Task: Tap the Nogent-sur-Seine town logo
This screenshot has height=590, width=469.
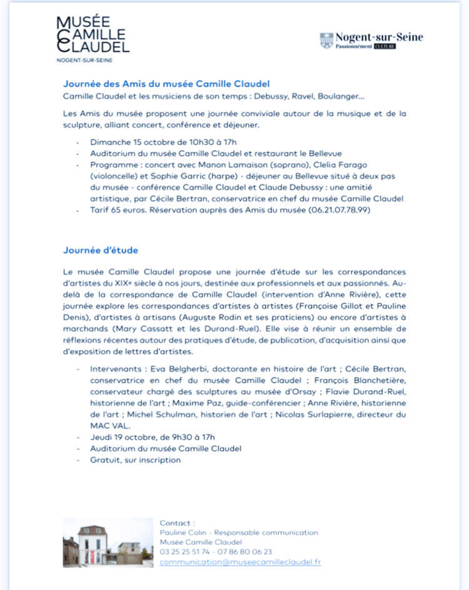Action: tap(371, 41)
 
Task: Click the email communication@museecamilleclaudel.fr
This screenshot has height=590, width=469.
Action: tap(240, 562)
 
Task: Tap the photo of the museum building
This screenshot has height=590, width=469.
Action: tap(108, 542)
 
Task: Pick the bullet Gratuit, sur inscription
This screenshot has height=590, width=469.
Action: tap(135, 459)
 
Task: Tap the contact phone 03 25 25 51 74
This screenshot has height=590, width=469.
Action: tap(185, 552)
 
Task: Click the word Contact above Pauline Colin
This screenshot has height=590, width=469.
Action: tap(176, 522)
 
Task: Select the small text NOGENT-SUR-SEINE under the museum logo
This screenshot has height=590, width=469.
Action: tap(84, 60)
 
